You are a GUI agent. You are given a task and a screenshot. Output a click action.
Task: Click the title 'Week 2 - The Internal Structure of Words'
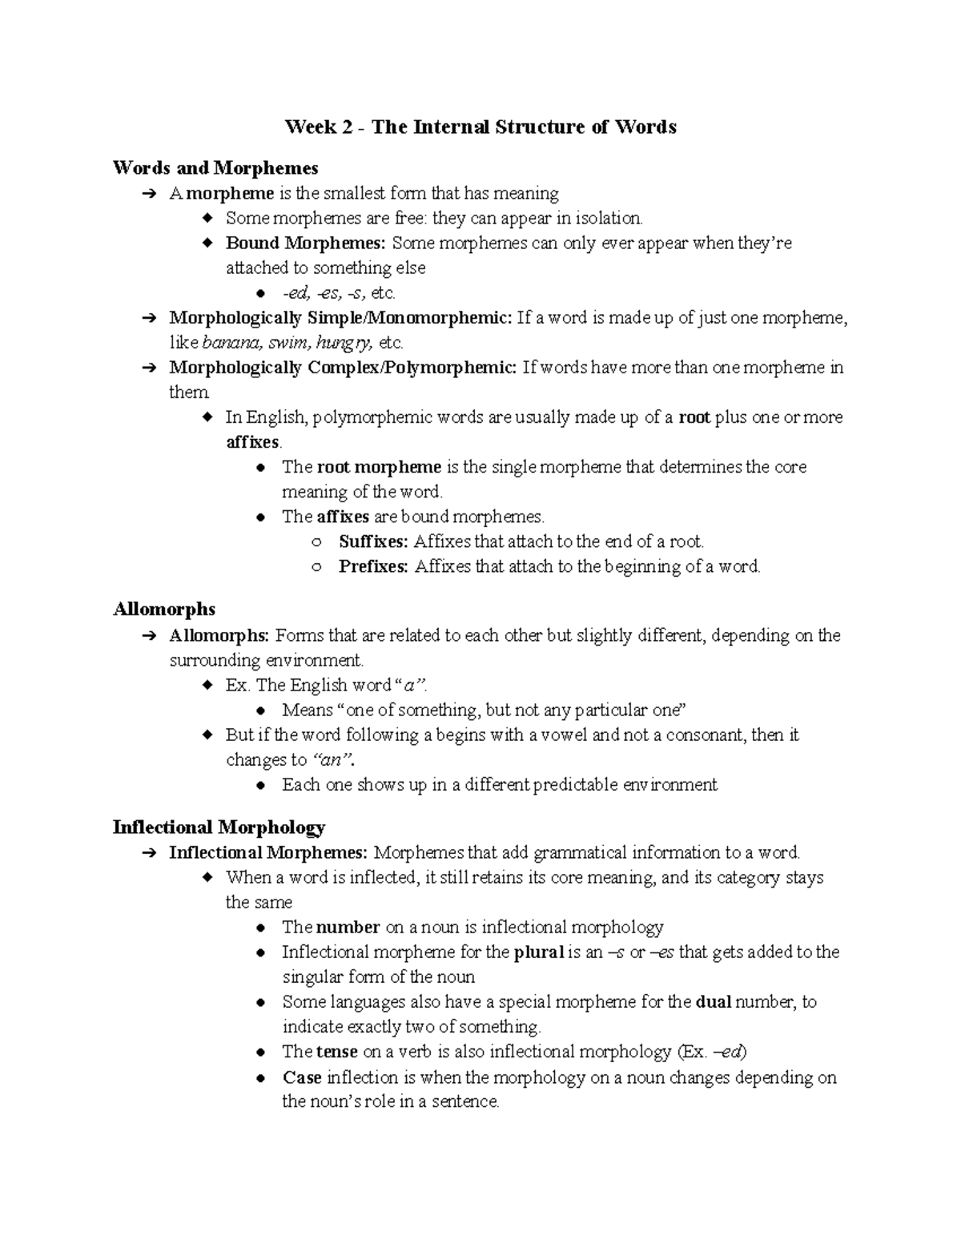point(480,127)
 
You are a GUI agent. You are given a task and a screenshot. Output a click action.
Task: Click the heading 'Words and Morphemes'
point(215,168)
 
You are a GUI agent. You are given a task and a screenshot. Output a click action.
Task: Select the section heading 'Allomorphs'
point(164,610)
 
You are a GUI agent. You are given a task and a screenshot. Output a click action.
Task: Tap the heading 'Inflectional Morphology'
point(219,827)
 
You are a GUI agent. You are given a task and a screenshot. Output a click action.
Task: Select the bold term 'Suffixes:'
point(373,541)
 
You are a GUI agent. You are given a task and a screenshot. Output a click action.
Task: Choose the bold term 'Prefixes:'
point(373,567)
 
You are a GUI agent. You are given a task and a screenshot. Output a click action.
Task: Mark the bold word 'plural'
point(538,952)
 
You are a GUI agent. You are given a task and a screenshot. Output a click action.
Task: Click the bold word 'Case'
point(302,1077)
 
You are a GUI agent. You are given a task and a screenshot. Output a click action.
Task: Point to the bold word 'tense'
point(337,1052)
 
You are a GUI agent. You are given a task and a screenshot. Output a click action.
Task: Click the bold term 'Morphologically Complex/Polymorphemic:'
point(343,368)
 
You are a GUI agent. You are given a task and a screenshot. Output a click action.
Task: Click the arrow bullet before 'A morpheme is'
point(147,194)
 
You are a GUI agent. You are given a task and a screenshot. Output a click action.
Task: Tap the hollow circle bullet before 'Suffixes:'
point(316,542)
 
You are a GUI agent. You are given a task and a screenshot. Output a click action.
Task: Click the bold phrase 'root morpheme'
point(379,467)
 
